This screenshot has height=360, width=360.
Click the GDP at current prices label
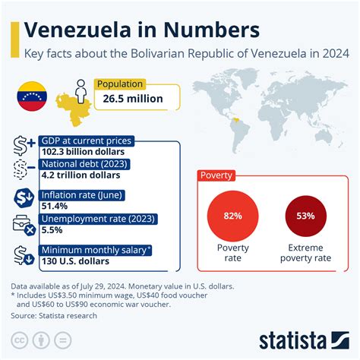point(87,141)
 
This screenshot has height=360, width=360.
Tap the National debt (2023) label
point(84,163)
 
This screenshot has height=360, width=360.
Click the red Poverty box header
point(216,175)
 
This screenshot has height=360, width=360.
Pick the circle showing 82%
point(232,215)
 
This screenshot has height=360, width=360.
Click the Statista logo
point(302,339)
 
